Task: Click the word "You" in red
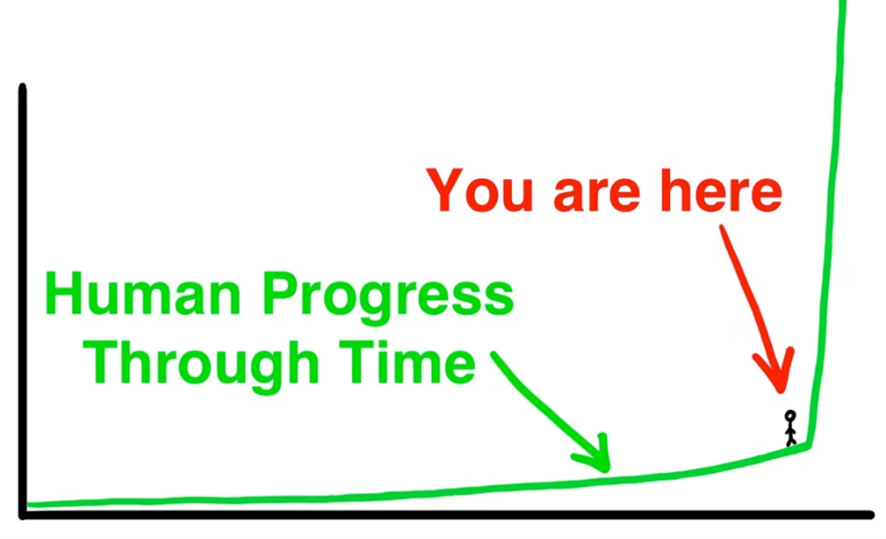tap(480, 190)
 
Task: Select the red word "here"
tap(721, 190)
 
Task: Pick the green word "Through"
tap(201, 366)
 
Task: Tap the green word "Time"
tap(407, 362)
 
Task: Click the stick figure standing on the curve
tap(790, 428)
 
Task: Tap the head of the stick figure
tap(790, 416)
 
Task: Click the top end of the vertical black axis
tap(23, 86)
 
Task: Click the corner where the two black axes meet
tap(23, 515)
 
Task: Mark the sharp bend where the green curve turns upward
tap(809, 446)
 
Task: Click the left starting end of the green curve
tap(28, 504)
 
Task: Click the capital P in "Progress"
tap(281, 294)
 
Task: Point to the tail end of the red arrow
tap(722, 227)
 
